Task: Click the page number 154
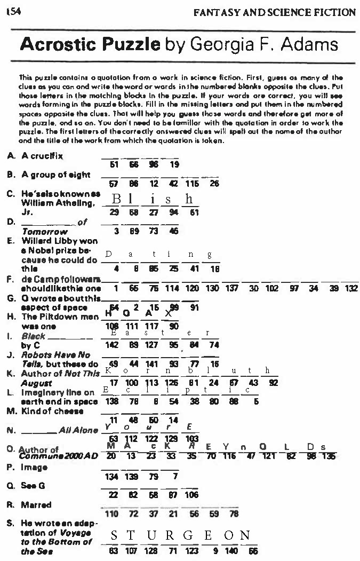pos(11,11)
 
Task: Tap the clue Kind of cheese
pos(52,411)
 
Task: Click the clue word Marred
pos(36,504)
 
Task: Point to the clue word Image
pos(34,467)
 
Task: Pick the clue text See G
pos(32,486)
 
